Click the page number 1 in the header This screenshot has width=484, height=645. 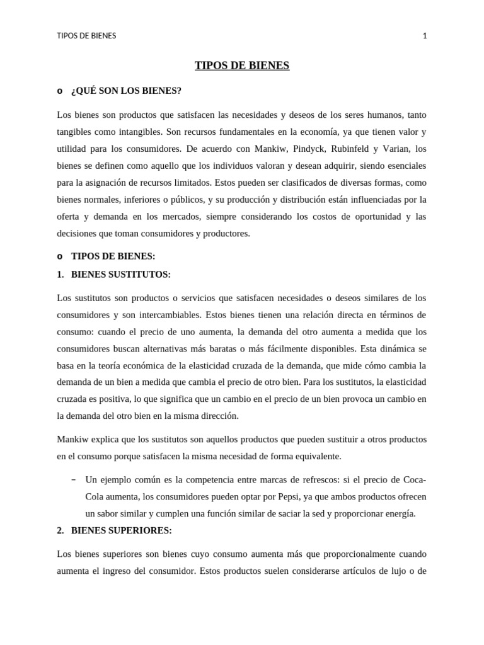(425, 36)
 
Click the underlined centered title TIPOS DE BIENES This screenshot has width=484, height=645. (242, 66)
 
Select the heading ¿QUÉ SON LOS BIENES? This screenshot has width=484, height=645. (126, 91)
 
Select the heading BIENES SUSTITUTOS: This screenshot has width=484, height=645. (121, 275)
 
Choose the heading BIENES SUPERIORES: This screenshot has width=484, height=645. (122, 530)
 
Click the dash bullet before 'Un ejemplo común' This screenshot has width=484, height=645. (74, 479)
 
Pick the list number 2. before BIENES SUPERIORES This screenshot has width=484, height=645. (60, 530)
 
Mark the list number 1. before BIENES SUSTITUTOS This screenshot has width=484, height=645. (60, 275)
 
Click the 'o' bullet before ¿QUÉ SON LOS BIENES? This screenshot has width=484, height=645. (60, 91)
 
